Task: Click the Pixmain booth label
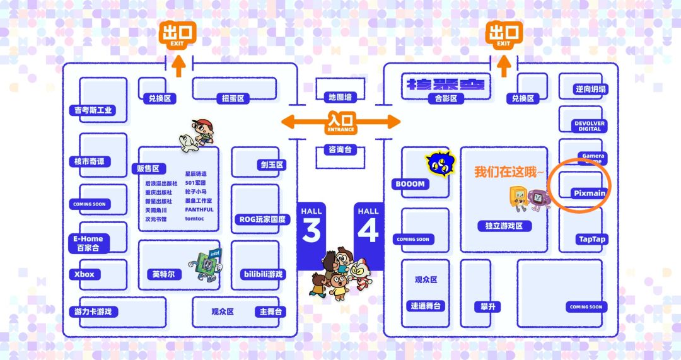[x=590, y=193]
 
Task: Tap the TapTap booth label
[x=591, y=240]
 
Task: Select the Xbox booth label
[x=84, y=274]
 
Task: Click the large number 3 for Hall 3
[x=311, y=230]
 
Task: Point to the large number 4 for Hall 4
[x=368, y=230]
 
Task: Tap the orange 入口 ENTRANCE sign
[x=341, y=122]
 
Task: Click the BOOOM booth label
[x=410, y=184]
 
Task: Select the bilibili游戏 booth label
[x=263, y=274]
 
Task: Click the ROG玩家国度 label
[x=262, y=219]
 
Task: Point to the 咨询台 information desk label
[x=340, y=150]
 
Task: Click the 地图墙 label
[x=340, y=97]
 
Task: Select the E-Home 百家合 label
[x=88, y=243]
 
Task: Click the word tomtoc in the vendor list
[x=195, y=219]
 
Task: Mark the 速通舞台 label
[x=426, y=306]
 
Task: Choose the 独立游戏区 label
[x=504, y=226]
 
